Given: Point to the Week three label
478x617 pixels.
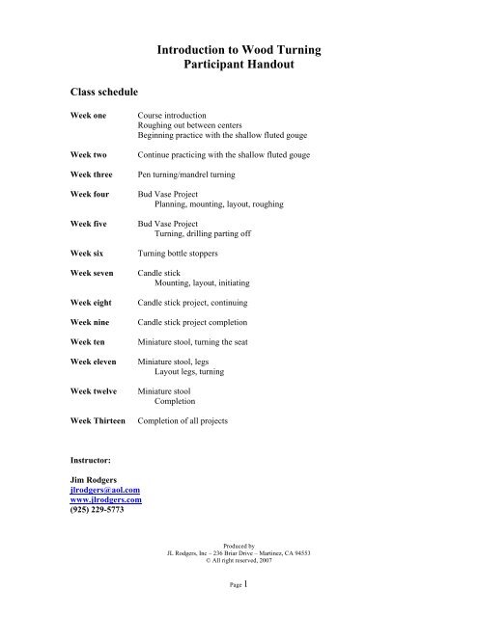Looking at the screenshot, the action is click(x=92, y=175).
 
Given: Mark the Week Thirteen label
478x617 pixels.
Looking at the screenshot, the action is click(x=98, y=422).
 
